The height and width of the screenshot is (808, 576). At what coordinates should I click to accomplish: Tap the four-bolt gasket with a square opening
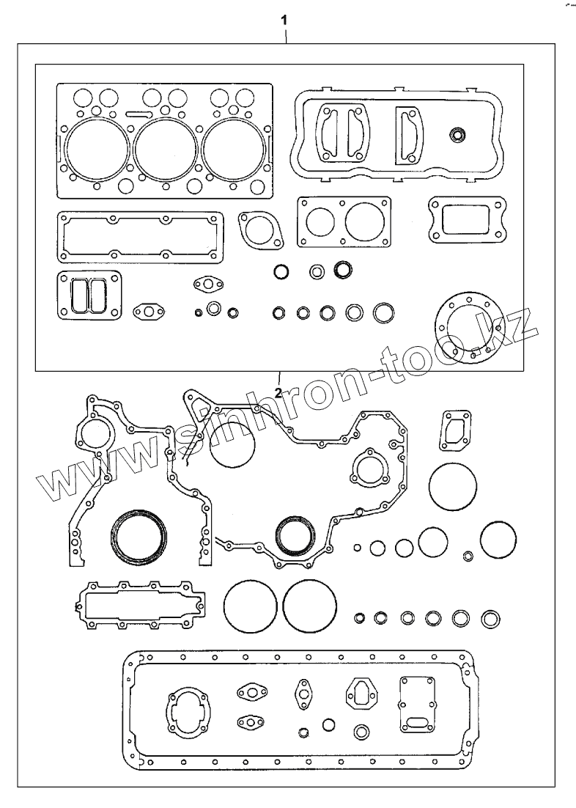coord(467,218)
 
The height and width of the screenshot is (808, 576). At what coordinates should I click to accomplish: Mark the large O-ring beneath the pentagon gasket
coord(452,486)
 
